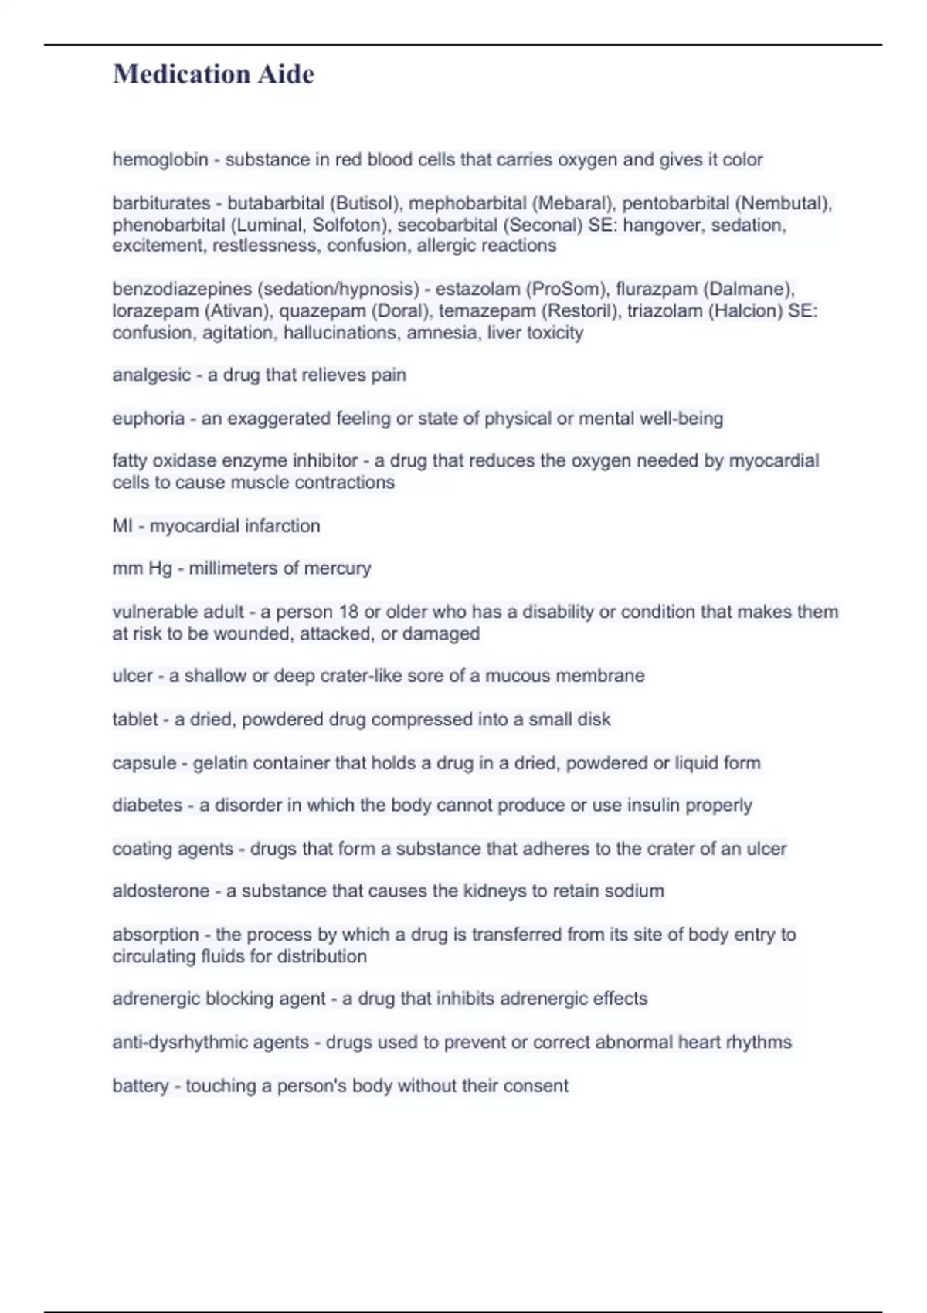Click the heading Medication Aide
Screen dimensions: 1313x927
[213, 74]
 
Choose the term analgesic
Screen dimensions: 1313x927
[150, 375]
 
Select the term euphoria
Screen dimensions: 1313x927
[148, 419]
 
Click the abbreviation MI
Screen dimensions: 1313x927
[122, 526]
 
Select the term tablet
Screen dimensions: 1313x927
[135, 720]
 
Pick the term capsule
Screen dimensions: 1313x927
[144, 763]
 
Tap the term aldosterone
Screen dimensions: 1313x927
[161, 891]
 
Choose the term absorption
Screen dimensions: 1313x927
[155, 935]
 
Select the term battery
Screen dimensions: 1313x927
[140, 1086]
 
